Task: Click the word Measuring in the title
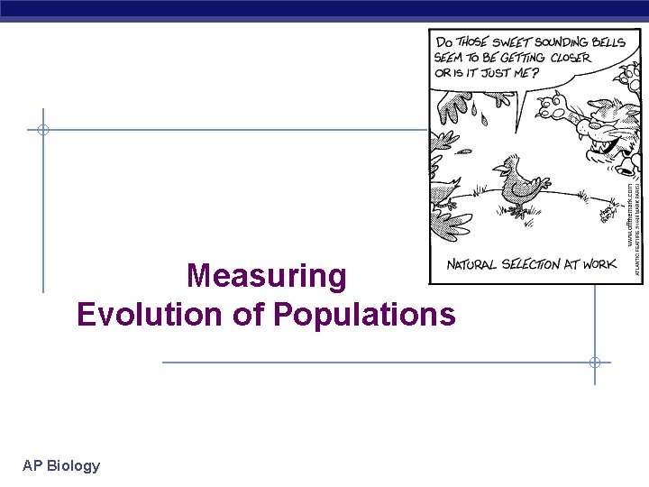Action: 266,276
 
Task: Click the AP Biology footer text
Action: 61,465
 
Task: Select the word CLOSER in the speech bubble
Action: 565,58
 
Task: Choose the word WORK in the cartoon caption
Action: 601,264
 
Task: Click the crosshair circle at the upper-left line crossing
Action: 42,130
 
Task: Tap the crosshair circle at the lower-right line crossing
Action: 594,363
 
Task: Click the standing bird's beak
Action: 497,167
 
